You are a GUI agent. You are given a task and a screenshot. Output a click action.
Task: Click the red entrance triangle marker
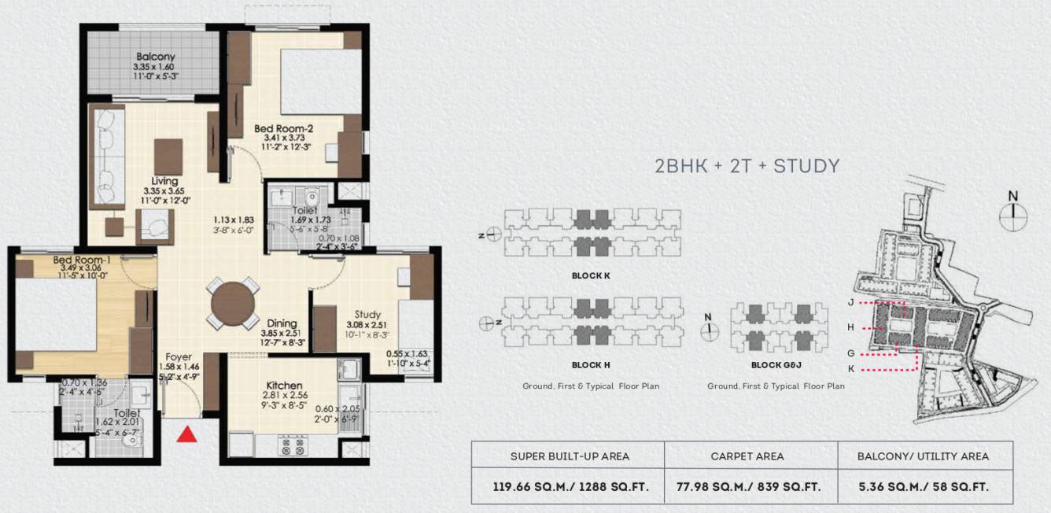point(186,434)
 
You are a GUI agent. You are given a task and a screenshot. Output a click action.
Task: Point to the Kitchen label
point(284,385)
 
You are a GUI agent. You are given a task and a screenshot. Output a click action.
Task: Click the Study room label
point(367,314)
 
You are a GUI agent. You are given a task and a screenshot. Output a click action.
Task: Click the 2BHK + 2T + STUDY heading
point(747,166)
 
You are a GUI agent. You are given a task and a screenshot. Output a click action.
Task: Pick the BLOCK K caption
point(592,276)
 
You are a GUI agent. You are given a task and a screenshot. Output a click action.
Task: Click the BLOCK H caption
point(592,365)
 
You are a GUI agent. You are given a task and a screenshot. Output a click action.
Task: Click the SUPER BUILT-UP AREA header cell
point(570,456)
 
